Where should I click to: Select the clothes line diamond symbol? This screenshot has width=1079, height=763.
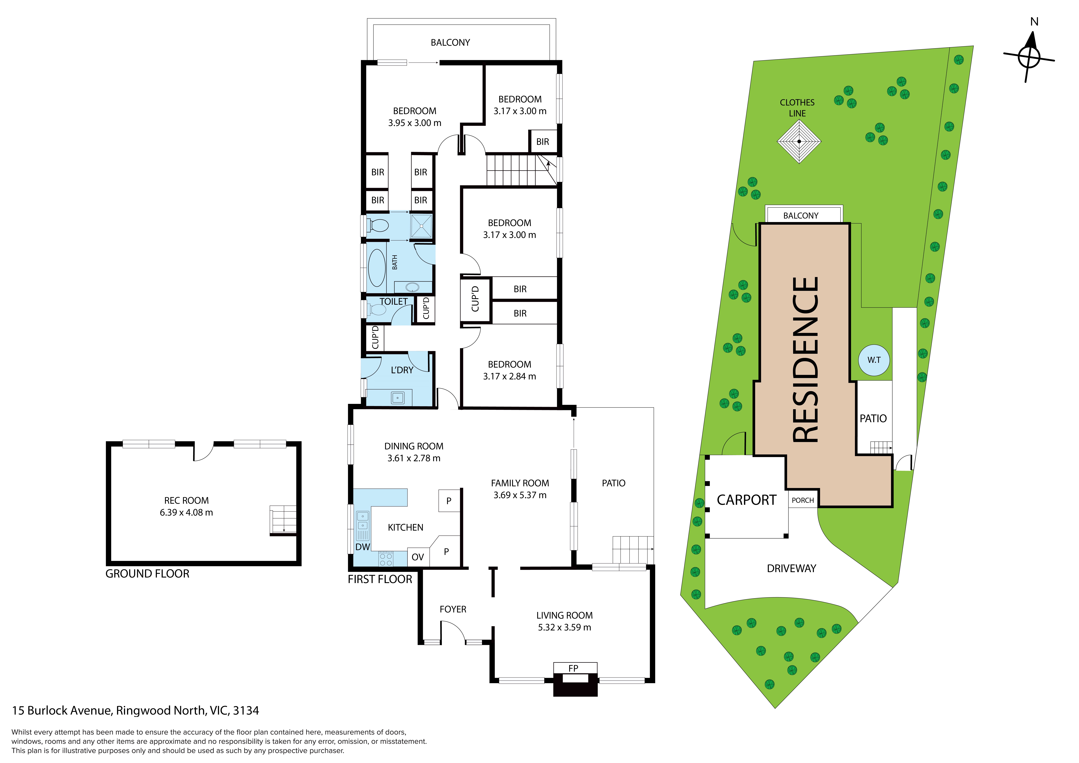799,141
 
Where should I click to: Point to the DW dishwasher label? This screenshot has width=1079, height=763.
362,547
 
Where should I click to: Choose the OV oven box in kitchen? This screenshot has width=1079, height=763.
418,557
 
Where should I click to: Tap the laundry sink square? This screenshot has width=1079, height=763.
398,398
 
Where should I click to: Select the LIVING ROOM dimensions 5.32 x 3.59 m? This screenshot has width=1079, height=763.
564,627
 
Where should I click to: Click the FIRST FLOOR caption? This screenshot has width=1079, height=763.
380,579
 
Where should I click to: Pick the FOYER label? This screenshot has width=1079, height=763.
453,609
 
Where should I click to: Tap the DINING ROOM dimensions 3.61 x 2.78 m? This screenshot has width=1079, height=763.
414,458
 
